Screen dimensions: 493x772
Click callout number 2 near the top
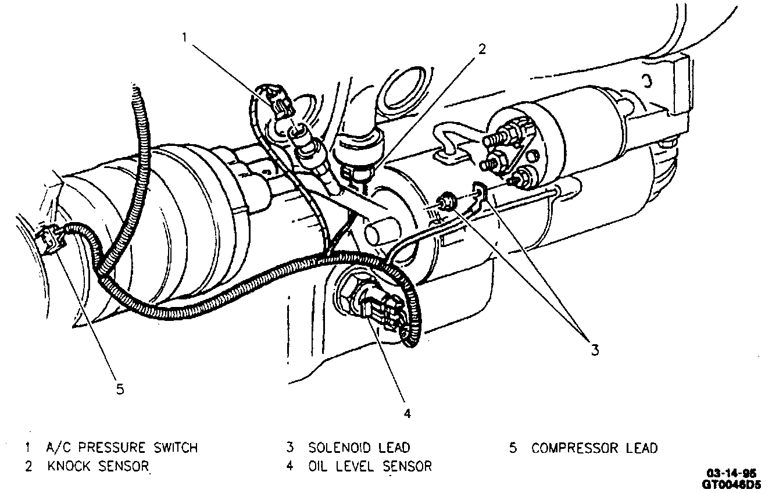(481, 49)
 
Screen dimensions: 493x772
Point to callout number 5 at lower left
(120, 390)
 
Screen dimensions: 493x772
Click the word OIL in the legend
(319, 466)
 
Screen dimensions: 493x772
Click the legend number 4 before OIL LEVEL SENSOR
(289, 466)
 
